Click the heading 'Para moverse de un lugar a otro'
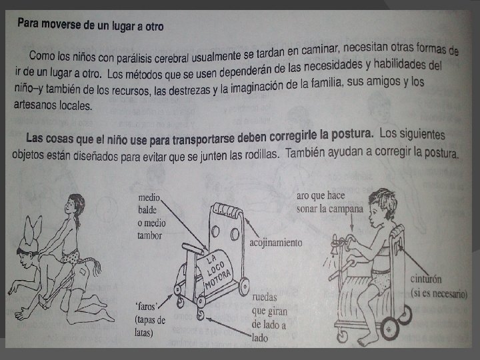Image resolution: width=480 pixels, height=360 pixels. [91, 25]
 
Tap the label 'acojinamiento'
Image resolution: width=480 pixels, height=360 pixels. [276, 243]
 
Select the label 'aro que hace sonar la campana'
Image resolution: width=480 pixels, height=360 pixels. [330, 203]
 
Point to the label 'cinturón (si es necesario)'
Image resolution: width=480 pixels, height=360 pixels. [439, 286]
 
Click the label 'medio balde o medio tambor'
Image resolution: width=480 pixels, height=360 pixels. [151, 217]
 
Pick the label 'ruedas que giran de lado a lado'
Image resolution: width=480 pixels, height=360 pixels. [269, 317]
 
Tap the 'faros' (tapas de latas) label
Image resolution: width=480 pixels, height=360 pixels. [150, 319]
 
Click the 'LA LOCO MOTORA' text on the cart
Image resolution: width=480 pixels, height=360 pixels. [217, 272]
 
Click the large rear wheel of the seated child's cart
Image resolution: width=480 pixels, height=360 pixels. [389, 329]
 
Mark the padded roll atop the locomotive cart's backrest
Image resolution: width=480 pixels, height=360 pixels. [227, 210]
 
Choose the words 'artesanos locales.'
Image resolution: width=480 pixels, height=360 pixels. [53, 105]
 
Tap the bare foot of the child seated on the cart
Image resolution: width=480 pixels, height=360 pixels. [367, 341]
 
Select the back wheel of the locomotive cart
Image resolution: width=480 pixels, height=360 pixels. [245, 287]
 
